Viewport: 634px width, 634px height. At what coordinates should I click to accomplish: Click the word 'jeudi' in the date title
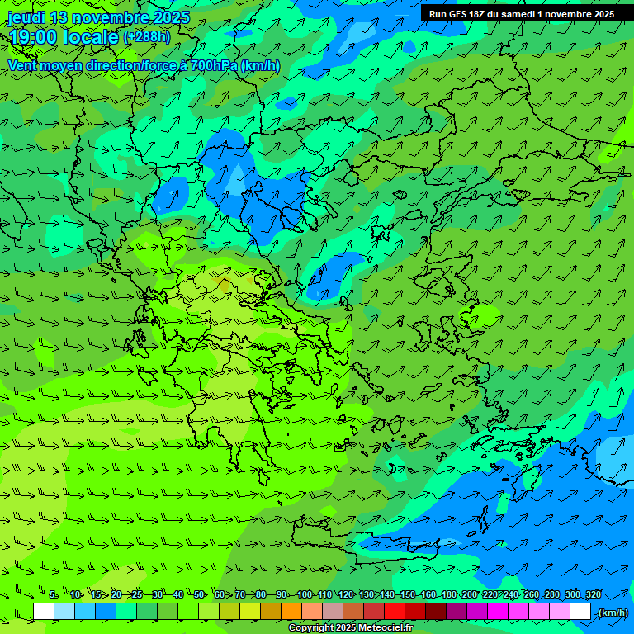click(26, 17)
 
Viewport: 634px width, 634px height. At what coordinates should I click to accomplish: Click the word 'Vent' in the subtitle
click(24, 65)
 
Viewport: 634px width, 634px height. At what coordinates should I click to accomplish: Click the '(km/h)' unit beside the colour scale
click(612, 613)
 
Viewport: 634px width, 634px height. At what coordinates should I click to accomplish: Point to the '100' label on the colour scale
click(305, 594)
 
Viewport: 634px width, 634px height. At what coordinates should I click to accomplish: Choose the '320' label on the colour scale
click(594, 594)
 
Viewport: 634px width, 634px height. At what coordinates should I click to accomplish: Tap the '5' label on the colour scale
click(53, 594)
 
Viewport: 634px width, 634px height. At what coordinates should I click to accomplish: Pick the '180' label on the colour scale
click(449, 594)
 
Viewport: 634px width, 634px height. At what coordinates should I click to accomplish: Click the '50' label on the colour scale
click(199, 594)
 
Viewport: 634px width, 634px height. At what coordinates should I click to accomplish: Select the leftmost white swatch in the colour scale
click(44, 612)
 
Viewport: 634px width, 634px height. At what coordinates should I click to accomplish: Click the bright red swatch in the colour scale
click(395, 612)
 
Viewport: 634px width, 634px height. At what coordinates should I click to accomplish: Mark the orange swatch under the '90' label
click(291, 612)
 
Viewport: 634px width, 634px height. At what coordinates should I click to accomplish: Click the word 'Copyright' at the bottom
click(311, 628)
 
